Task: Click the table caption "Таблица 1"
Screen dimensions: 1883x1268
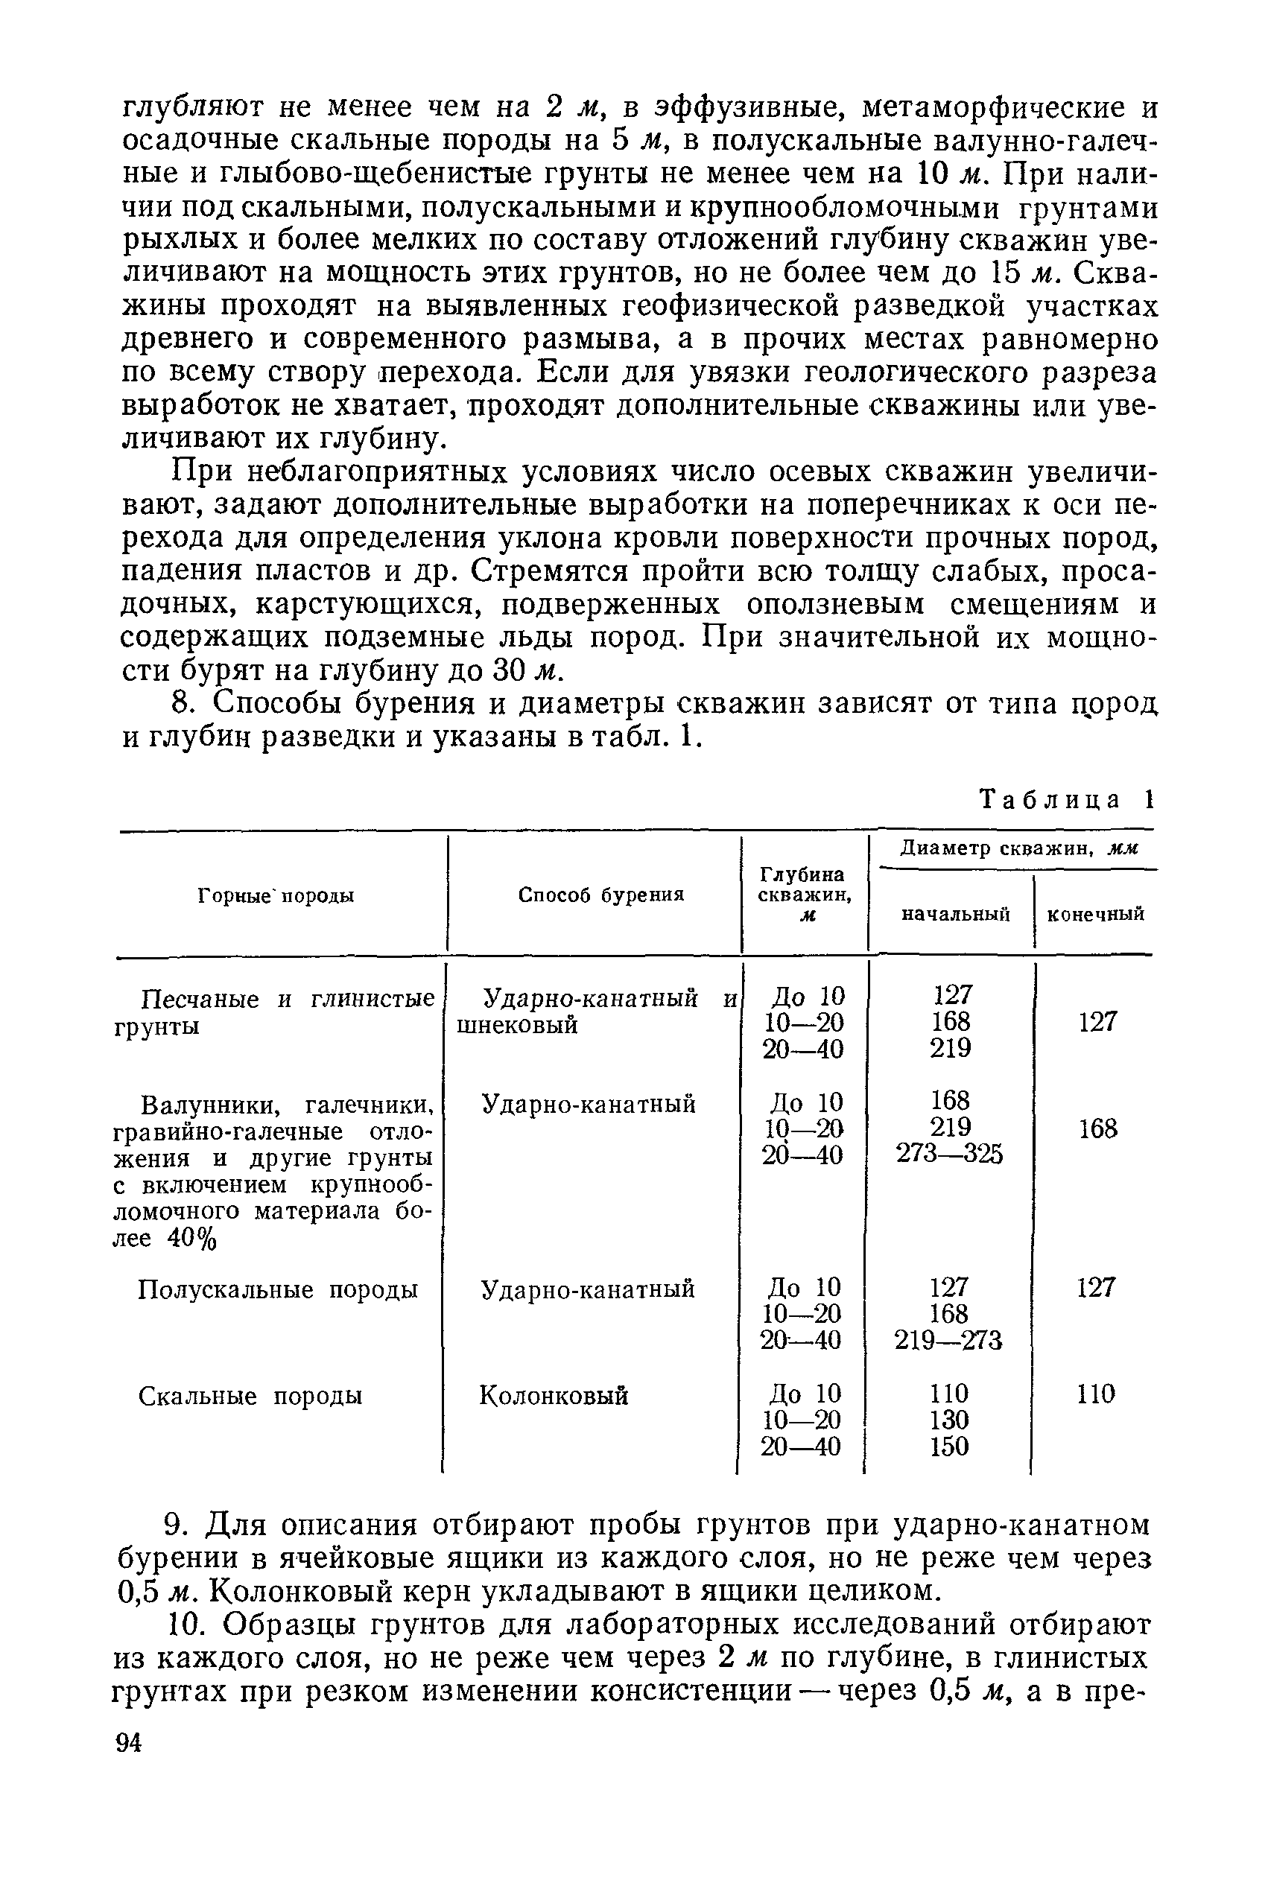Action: coord(1066,801)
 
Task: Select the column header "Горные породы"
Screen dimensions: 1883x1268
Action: coord(276,896)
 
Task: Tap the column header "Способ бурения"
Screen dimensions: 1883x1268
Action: coord(600,895)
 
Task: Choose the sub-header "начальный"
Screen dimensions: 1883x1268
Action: coord(956,915)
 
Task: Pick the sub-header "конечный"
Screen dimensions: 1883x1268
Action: coord(1096,915)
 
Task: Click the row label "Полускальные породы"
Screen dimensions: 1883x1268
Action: coord(277,1289)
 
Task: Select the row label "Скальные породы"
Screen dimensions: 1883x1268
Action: coord(250,1397)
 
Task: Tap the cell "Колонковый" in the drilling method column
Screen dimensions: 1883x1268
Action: coord(554,1397)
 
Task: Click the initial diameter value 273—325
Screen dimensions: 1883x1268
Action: coord(949,1155)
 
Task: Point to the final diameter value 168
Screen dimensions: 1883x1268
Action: coord(1098,1128)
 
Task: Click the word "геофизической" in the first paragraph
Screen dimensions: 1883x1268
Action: coord(752,307)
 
